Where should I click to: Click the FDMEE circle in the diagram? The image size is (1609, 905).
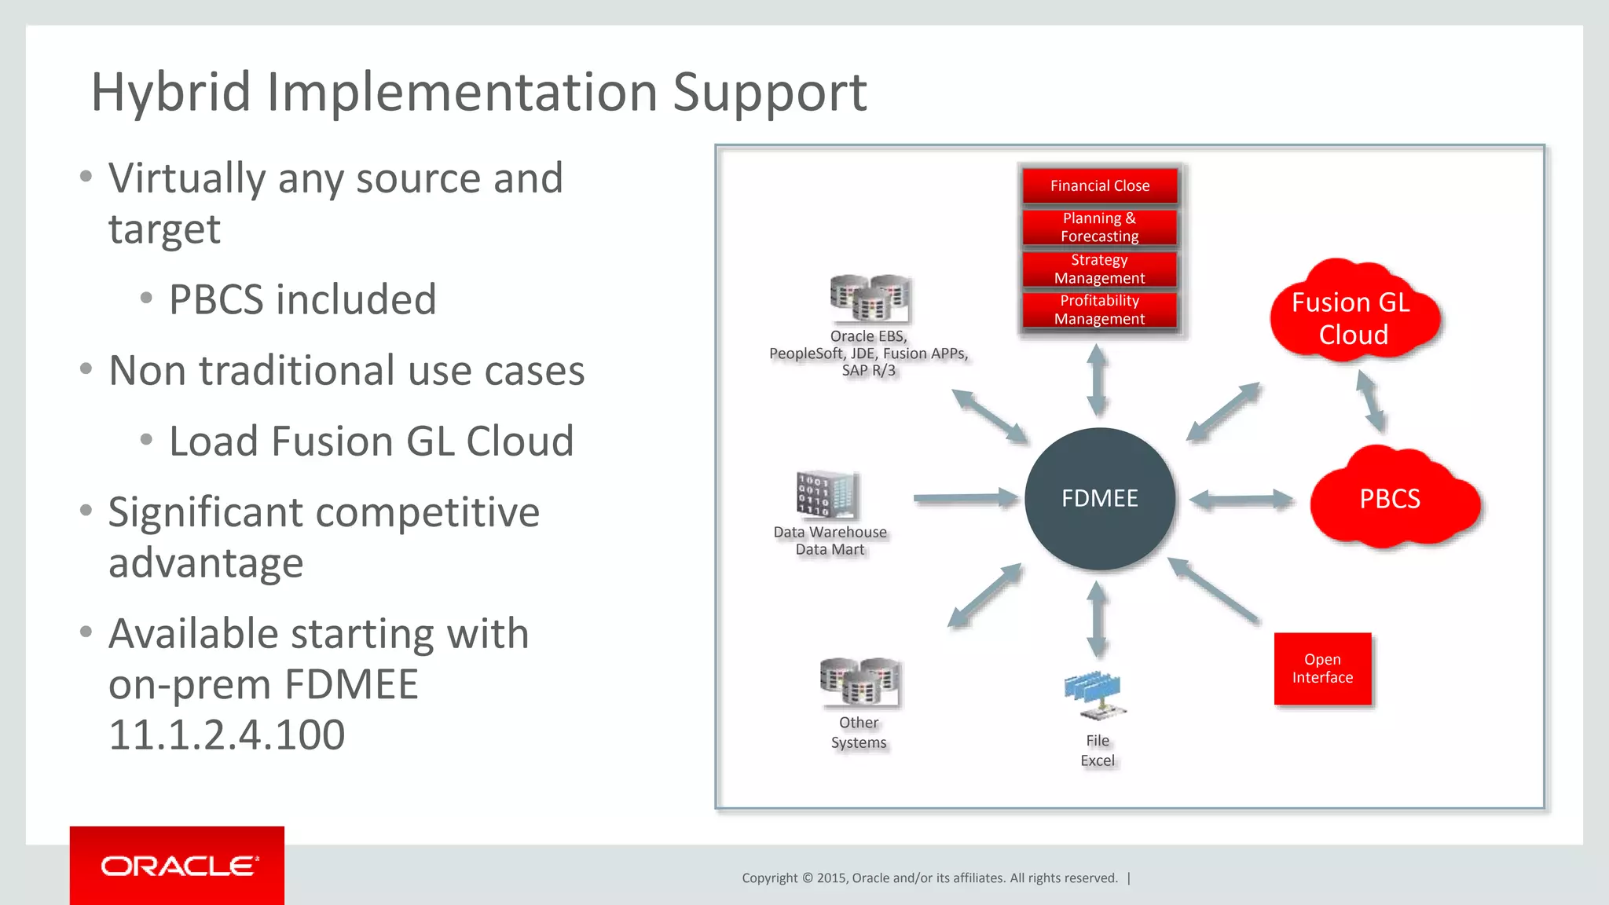pyautogui.click(x=1100, y=499)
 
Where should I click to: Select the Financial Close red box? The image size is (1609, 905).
pyautogui.click(x=1100, y=186)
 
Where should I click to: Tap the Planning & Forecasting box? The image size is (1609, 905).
pyautogui.click(x=1100, y=227)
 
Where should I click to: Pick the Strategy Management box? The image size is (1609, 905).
pyautogui.click(x=1100, y=269)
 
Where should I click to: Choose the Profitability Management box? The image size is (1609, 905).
pyautogui.click(x=1100, y=310)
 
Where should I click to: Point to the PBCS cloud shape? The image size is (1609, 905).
pyautogui.click(x=1391, y=499)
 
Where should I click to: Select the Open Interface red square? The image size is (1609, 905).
pyautogui.click(x=1322, y=669)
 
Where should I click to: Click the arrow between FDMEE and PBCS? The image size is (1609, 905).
pyautogui.click(x=1241, y=500)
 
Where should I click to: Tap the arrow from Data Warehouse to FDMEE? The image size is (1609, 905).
pyautogui.click(x=965, y=498)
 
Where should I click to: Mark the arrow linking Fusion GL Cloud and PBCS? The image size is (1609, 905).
pyautogui.click(x=1371, y=401)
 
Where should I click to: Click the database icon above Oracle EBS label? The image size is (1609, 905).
pyautogui.click(x=870, y=298)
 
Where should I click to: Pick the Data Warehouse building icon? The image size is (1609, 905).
pyautogui.click(x=827, y=495)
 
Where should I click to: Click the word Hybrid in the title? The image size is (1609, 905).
pyautogui.click(x=170, y=92)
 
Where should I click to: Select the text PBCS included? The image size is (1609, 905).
pyautogui.click(x=302, y=300)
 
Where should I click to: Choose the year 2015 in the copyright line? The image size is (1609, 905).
pyautogui.click(x=832, y=878)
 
